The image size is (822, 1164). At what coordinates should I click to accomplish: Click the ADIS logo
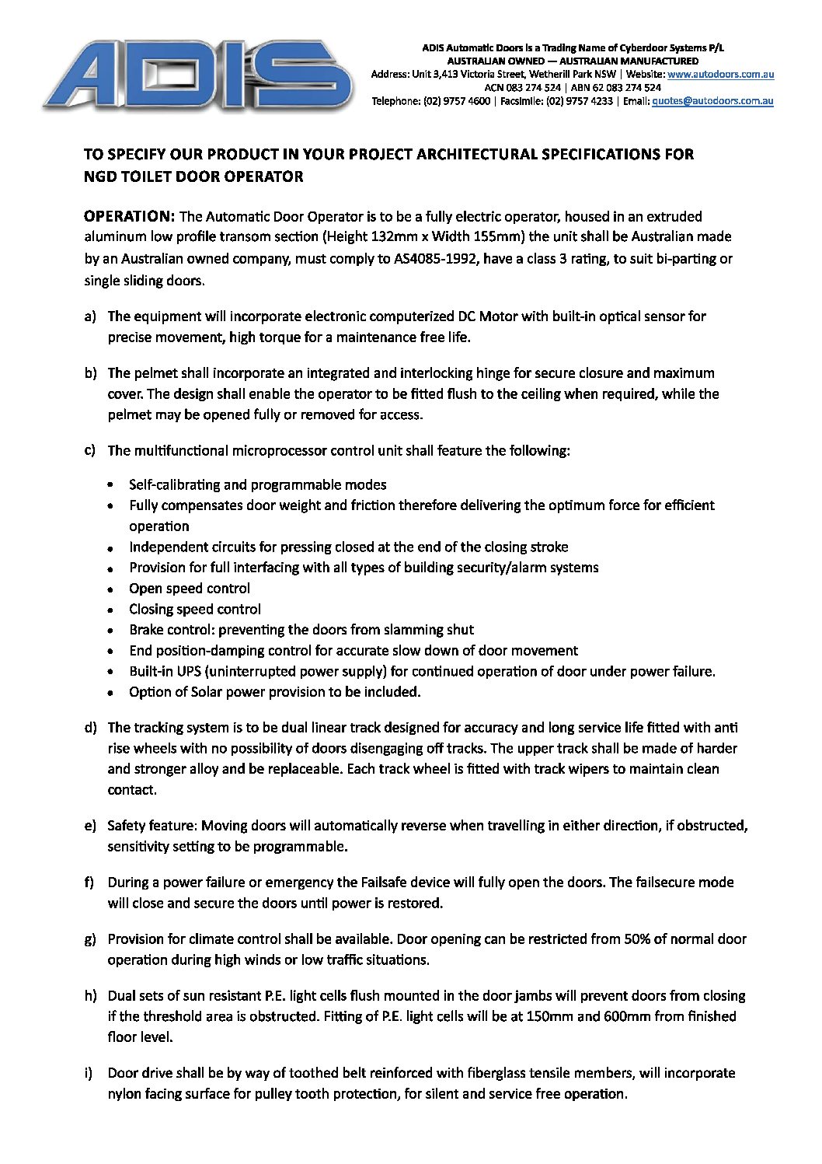point(198,75)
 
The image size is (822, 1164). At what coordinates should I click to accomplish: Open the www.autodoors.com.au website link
point(720,74)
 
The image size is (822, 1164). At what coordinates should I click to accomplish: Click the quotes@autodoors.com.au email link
point(712,100)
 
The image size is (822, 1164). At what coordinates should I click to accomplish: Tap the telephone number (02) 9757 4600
point(457,100)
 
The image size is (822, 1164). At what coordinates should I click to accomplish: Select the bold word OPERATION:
point(130,216)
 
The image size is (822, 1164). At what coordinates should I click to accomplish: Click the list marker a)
point(90,316)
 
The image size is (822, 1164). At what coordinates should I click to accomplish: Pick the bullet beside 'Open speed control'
point(112,589)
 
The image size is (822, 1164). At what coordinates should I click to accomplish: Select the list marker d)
point(90,728)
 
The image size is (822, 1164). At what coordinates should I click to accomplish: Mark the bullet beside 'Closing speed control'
point(112,610)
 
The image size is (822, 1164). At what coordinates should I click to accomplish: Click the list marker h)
point(90,995)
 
